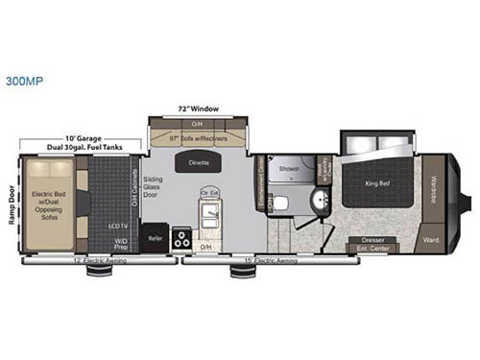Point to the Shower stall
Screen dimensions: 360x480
(290, 168)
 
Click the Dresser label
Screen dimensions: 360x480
(373, 239)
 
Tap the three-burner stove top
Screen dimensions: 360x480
(181, 240)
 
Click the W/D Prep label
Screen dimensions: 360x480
(123, 241)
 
